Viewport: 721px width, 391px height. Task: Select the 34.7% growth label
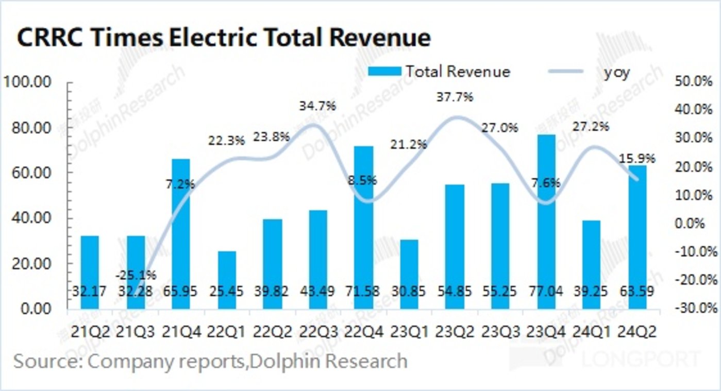pyautogui.click(x=317, y=107)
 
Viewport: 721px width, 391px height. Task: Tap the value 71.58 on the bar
pyautogui.click(x=365, y=291)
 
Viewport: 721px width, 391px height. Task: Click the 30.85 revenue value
pyautogui.click(x=410, y=291)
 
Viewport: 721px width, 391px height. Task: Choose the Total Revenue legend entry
pyautogui.click(x=439, y=72)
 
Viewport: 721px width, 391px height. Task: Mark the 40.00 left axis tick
pyautogui.click(x=32, y=218)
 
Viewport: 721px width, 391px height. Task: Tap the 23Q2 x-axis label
pyautogui.click(x=455, y=332)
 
